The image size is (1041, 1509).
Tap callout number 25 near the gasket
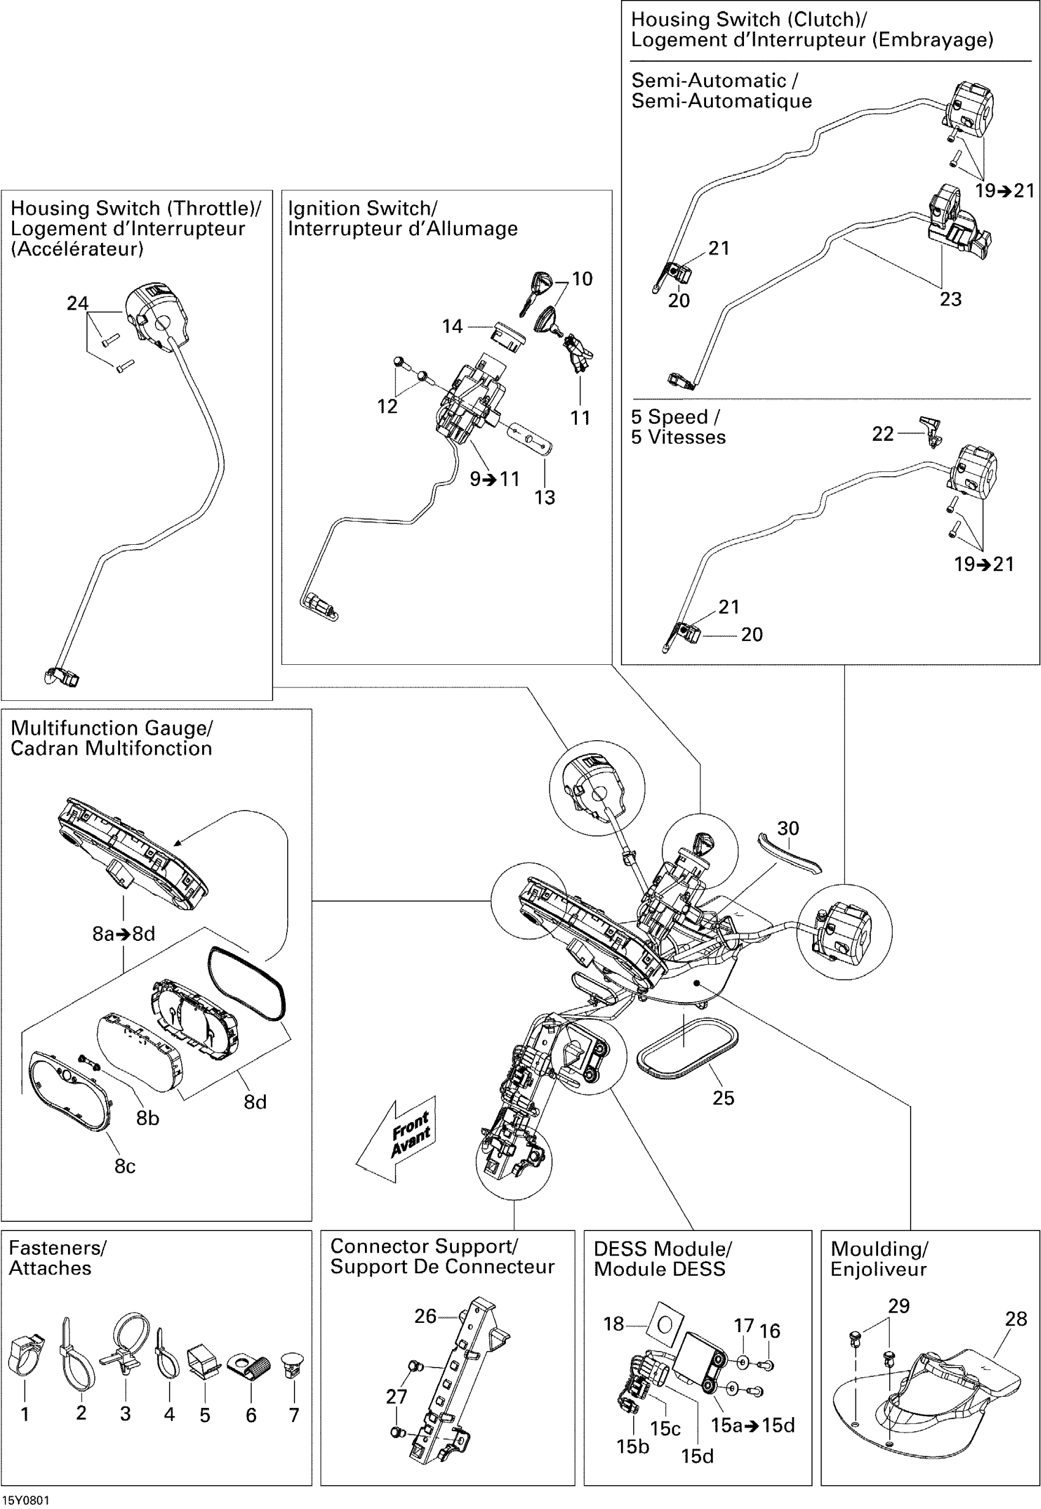click(723, 1098)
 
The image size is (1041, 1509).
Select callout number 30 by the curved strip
click(788, 828)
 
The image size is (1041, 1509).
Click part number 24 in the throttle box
click(78, 303)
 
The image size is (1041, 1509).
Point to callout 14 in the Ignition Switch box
click(452, 326)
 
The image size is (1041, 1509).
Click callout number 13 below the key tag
click(544, 497)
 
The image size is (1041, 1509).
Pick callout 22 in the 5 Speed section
click(883, 433)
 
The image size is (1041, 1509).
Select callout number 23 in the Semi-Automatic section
click(950, 299)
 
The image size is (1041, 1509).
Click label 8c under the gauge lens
click(126, 1166)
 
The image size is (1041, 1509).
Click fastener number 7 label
click(294, 1415)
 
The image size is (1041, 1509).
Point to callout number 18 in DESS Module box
click(614, 1324)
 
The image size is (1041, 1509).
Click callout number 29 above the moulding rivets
click(899, 1306)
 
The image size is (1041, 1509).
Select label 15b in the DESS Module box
click(633, 1447)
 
